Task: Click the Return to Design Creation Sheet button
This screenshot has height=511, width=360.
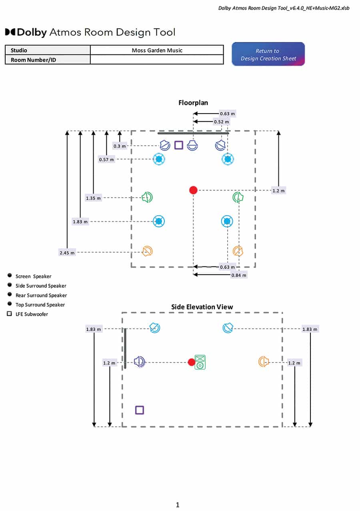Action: [x=268, y=54]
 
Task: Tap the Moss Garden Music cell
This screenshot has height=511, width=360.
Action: [x=157, y=50]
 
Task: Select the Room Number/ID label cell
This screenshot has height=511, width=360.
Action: [x=48, y=60]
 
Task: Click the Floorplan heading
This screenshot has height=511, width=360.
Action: [x=193, y=103]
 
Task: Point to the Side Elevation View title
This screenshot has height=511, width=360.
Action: [x=202, y=307]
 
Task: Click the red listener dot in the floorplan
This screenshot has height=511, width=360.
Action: [x=193, y=190]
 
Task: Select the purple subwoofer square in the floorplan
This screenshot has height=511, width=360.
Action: [x=179, y=145]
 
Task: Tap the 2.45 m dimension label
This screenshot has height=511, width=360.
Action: [x=67, y=253]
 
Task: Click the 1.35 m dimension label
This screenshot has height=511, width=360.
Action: [x=93, y=198]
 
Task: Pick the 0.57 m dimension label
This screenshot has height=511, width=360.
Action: [x=106, y=159]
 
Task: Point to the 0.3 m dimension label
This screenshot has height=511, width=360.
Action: [x=120, y=146]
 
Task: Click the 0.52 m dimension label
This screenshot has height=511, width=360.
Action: [x=221, y=122]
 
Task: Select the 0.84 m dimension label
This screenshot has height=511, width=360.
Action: [x=239, y=275]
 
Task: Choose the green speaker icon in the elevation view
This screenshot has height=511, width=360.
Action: [x=200, y=362]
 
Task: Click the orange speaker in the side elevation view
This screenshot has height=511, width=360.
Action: [x=264, y=362]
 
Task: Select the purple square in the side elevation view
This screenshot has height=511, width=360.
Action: [x=140, y=410]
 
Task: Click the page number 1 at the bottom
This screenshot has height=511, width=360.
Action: [x=178, y=505]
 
